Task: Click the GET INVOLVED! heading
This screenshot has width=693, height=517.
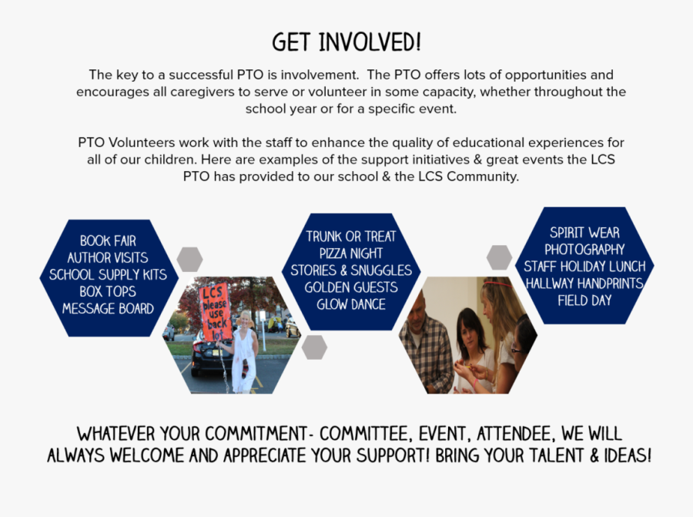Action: pyautogui.click(x=346, y=42)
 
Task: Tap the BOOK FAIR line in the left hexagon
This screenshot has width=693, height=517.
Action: pyautogui.click(x=108, y=241)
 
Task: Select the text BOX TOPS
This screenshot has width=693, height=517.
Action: pyautogui.click(x=108, y=292)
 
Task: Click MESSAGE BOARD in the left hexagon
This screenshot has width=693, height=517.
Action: pyautogui.click(x=108, y=309)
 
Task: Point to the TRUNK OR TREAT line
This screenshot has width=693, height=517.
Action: pyautogui.click(x=351, y=237)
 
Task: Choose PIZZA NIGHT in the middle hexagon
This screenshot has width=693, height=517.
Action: pyautogui.click(x=351, y=253)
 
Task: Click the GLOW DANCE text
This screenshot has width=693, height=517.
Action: pyautogui.click(x=351, y=304)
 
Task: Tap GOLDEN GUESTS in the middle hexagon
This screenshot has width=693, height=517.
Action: pyautogui.click(x=351, y=287)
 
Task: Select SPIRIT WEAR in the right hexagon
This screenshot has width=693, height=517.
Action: pyautogui.click(x=584, y=233)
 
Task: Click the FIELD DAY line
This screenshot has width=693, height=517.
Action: pyautogui.click(x=584, y=300)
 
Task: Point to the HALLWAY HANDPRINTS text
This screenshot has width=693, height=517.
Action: pyautogui.click(x=584, y=284)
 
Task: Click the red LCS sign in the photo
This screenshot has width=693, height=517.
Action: pyautogui.click(x=216, y=312)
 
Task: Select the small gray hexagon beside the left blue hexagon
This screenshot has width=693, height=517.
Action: pyautogui.click(x=189, y=259)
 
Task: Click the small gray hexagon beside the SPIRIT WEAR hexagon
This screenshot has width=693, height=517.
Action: pyautogui.click(x=500, y=257)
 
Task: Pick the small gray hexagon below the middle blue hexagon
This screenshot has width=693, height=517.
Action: pyautogui.click(x=314, y=347)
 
